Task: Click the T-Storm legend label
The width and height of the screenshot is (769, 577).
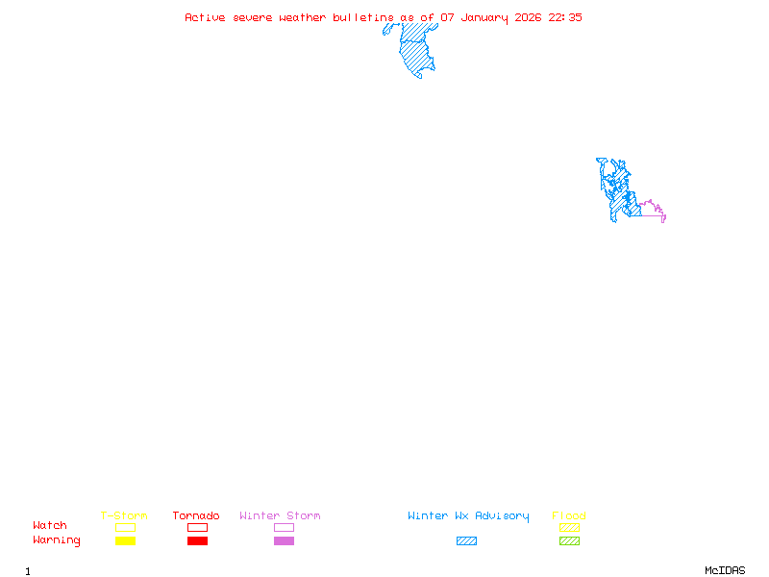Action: pyautogui.click(x=124, y=516)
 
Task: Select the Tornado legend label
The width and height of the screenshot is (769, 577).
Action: pyautogui.click(x=196, y=516)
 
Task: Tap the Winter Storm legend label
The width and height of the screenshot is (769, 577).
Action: pyautogui.click(x=280, y=516)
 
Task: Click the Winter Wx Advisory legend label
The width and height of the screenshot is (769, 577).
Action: pyautogui.click(x=468, y=516)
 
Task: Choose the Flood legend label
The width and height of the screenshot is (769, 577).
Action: pyautogui.click(x=569, y=516)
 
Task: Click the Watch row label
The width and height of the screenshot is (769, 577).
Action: pyautogui.click(x=50, y=526)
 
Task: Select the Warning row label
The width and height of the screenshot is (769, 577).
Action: pyautogui.click(x=57, y=540)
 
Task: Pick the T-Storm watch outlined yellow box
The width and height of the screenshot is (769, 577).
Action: pyautogui.click(x=125, y=527)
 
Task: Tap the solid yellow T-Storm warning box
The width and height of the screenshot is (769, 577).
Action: pyautogui.click(x=125, y=541)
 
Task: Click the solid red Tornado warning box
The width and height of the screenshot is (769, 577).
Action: pyautogui.click(x=197, y=541)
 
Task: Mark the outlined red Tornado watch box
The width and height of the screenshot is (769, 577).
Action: pyautogui.click(x=197, y=527)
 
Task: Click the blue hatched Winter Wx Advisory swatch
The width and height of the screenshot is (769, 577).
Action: pyautogui.click(x=466, y=541)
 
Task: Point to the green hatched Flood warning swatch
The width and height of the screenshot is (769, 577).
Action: pyautogui.click(x=569, y=541)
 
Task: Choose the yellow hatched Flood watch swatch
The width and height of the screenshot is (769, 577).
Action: pyautogui.click(x=569, y=527)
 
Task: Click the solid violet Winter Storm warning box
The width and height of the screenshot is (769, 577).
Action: pyautogui.click(x=284, y=541)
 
